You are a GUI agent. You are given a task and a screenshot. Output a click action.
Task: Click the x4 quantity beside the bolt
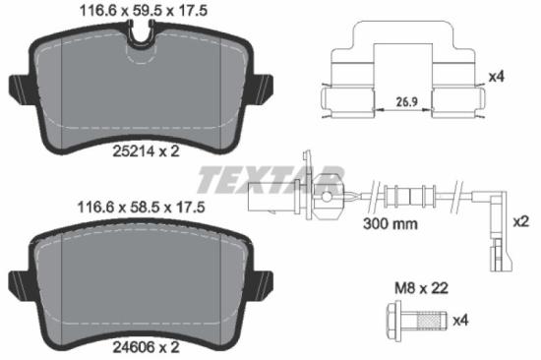(x=460, y=320)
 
